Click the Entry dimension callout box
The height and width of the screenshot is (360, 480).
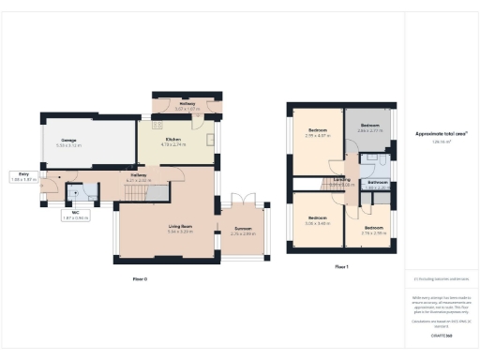point(21,177)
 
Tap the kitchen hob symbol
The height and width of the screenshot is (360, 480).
point(157,124)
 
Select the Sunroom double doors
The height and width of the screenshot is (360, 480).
point(243,201)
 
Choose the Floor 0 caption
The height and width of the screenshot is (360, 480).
point(140,279)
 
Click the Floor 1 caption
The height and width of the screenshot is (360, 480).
point(342,267)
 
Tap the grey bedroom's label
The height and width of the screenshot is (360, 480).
point(369,127)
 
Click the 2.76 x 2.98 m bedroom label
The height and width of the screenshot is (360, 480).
point(373,230)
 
